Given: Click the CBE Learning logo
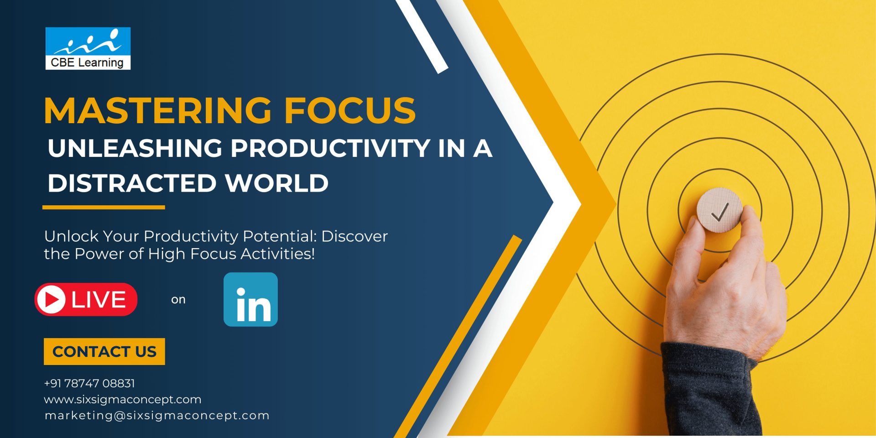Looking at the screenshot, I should (88, 48).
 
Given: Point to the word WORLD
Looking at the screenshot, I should (276, 183).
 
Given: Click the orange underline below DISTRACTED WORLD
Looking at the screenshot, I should (104, 208).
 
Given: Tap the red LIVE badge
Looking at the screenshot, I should (86, 300).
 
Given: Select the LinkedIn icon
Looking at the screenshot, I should (250, 300).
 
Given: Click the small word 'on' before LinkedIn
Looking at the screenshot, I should (178, 300).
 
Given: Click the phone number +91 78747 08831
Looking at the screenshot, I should (89, 383).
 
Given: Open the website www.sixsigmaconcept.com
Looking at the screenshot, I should (122, 400).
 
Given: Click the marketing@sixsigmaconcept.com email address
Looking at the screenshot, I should (157, 416).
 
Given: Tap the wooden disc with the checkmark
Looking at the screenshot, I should (719, 210).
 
